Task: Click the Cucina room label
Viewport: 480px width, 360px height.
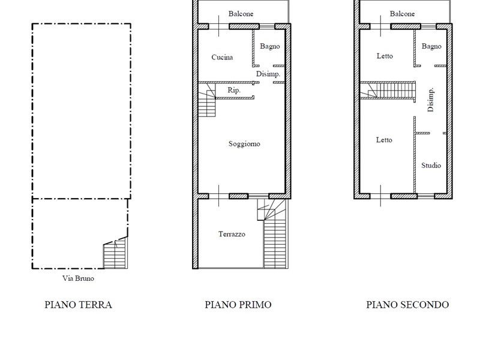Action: (x=222, y=57)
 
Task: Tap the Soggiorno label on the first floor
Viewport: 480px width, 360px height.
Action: (x=244, y=144)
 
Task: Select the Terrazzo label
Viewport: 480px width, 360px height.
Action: (x=232, y=234)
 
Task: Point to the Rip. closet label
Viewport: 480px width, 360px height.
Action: (x=234, y=91)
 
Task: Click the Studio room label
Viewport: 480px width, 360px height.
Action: (x=431, y=166)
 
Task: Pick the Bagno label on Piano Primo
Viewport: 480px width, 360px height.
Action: (x=269, y=47)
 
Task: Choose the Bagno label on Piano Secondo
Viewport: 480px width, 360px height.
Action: (x=431, y=47)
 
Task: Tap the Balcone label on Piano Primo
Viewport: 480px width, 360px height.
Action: (x=241, y=14)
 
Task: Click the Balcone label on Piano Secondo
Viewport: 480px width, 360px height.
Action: (x=402, y=14)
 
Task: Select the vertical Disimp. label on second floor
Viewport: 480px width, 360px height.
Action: (x=430, y=100)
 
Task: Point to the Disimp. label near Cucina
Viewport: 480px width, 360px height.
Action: (x=268, y=74)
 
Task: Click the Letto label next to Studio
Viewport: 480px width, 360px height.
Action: (x=384, y=140)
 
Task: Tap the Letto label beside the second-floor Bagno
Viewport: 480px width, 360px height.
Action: (x=385, y=56)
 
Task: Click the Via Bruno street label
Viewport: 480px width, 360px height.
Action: (x=78, y=278)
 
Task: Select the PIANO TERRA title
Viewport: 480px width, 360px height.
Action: (x=79, y=305)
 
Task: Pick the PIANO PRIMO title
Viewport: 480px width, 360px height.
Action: (x=238, y=305)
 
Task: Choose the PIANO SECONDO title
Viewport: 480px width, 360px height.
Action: (x=407, y=305)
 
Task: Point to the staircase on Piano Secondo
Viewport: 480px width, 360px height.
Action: (x=388, y=90)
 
